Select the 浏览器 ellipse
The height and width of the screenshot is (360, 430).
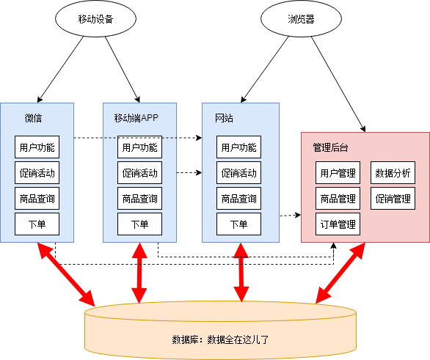pyautogui.click(x=299, y=20)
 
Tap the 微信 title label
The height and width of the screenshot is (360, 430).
pyautogui.click(x=33, y=117)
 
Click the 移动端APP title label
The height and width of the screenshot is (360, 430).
pyautogui.click(x=136, y=117)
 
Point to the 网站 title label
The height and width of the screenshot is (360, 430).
pyautogui.click(x=224, y=117)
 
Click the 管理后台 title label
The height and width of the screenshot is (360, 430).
pyautogui.click(x=330, y=147)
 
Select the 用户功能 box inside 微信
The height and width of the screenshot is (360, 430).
pyautogui.click(x=37, y=147)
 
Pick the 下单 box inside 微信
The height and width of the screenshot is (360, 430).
pyautogui.click(x=37, y=224)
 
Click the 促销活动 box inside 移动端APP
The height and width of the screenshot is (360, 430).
pyautogui.click(x=139, y=173)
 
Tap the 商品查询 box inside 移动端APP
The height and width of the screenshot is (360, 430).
pyautogui.click(x=139, y=199)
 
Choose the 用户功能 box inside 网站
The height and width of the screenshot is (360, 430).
pyautogui.click(x=238, y=147)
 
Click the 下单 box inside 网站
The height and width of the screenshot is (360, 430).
pyautogui.click(x=238, y=224)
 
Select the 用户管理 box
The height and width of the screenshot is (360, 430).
pyautogui.click(x=338, y=173)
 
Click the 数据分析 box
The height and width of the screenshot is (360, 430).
pyautogui.click(x=393, y=173)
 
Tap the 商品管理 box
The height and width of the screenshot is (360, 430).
pyautogui.click(x=338, y=199)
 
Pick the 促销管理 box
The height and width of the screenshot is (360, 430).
pyautogui.click(x=393, y=199)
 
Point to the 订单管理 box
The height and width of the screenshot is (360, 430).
pyautogui.click(x=338, y=224)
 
